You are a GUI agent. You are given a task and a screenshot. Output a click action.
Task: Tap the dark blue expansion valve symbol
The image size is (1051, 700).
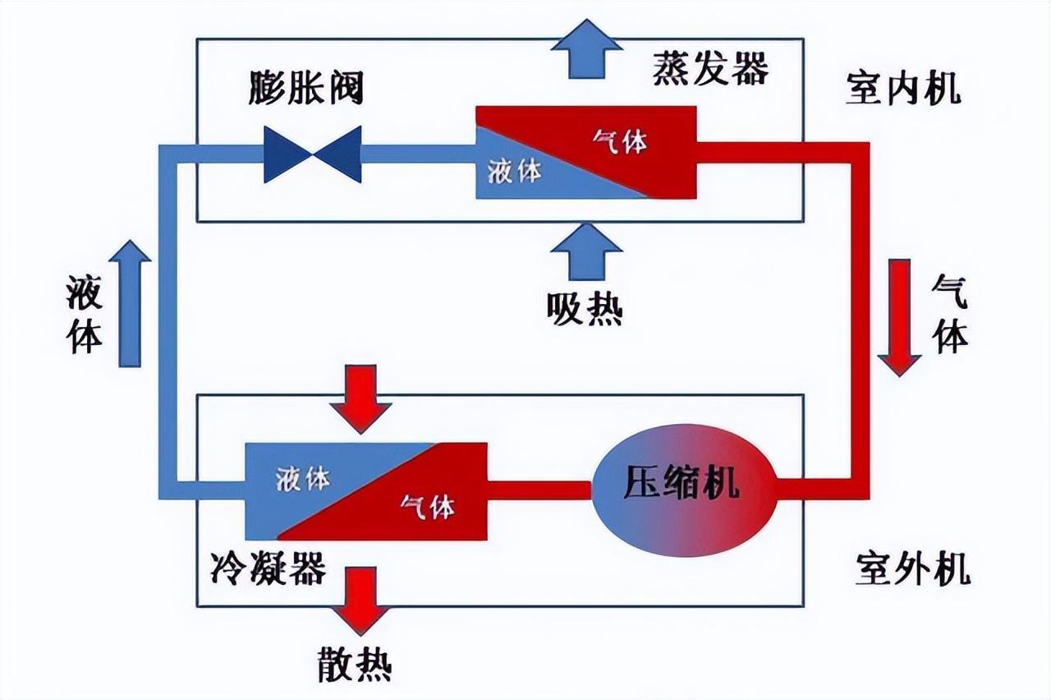tap(312, 154)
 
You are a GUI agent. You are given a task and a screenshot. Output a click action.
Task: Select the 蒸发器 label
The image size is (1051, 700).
tap(711, 67)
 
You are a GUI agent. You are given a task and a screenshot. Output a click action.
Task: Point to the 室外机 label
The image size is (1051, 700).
tap(912, 569)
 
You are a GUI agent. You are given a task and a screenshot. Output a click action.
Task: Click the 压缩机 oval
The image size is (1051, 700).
tap(682, 490)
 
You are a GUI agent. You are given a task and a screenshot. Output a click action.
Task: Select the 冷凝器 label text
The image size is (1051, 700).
tap(268, 567)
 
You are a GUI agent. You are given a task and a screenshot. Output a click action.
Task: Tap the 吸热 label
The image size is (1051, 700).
tap(585, 310)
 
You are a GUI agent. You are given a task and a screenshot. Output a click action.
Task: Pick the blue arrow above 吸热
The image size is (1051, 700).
tap(586, 251)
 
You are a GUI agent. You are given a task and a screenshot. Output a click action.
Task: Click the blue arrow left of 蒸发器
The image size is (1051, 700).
tap(586, 49)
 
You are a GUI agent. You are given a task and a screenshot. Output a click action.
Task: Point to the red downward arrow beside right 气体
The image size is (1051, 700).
tap(900, 317)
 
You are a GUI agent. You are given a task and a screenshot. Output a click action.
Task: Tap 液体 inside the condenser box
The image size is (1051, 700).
tap(303, 478)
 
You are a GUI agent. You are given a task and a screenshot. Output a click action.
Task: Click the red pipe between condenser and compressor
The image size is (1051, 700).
tap(539, 490)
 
